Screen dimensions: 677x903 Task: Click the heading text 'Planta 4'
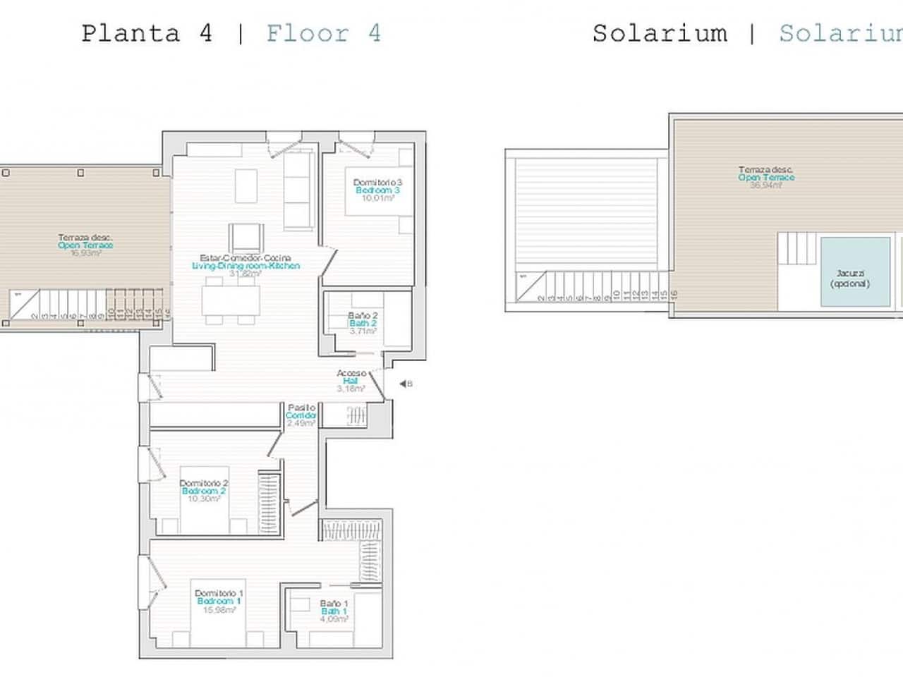[147, 33]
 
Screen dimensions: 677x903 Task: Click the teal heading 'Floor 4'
[323, 33]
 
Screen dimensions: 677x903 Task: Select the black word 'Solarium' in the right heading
[660, 33]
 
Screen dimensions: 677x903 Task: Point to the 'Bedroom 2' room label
[203, 491]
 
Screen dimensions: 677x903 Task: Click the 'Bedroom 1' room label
[219, 601]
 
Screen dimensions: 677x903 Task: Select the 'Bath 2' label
[363, 323]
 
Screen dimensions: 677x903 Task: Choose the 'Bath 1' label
[334, 611]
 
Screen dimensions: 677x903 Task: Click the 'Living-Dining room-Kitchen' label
[246, 266]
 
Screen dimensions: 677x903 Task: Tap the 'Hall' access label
[351, 381]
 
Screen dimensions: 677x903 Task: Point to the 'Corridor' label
[301, 415]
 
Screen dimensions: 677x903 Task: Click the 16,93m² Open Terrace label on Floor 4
[85, 245]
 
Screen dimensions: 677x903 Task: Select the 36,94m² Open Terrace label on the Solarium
[766, 178]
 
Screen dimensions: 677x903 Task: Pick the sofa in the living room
[298, 191]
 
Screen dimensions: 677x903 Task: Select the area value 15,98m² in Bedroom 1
[219, 609]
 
